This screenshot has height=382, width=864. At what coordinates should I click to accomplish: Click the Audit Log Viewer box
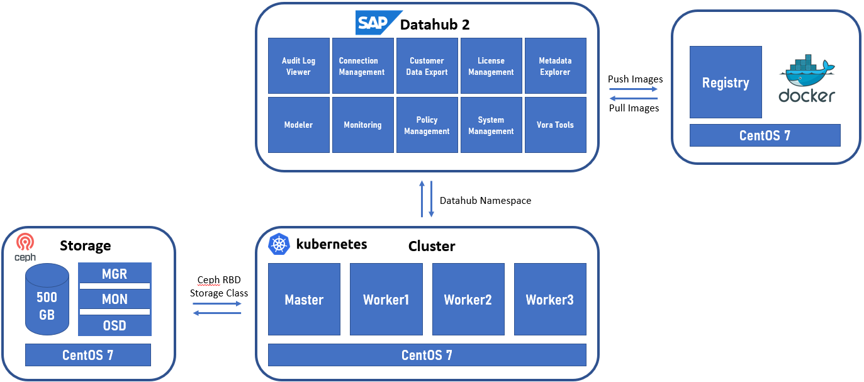tap(299, 66)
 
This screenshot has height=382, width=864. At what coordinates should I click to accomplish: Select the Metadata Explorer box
tap(555, 66)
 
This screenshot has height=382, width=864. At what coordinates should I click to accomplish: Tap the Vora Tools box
tap(555, 125)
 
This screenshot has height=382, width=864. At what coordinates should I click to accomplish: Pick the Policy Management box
tap(427, 125)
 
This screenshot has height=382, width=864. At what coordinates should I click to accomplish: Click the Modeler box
tap(299, 125)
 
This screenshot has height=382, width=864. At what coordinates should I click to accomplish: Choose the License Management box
tap(491, 66)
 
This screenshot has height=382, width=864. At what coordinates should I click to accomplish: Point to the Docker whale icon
tap(807, 70)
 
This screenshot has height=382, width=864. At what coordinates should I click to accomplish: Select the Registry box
tap(726, 82)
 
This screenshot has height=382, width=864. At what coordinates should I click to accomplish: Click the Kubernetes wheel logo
tap(279, 244)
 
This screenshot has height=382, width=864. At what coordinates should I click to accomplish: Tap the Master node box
tap(304, 300)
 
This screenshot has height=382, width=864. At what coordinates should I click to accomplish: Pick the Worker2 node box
tap(468, 300)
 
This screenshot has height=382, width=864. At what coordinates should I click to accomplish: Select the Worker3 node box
tap(550, 300)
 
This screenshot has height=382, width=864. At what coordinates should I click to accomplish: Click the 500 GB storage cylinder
tap(47, 300)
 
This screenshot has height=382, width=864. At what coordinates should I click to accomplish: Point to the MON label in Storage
tap(115, 300)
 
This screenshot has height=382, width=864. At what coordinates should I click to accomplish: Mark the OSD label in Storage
tap(115, 325)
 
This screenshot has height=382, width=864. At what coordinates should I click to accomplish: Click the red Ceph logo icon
tap(25, 242)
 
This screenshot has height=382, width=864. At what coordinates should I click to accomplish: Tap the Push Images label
tap(635, 79)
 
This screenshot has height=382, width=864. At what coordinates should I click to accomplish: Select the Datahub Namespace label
tap(485, 201)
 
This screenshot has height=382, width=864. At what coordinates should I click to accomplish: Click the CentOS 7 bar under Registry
tap(765, 135)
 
